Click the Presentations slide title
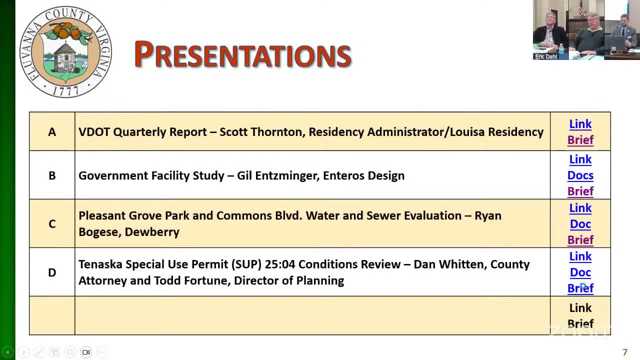pos(243,54)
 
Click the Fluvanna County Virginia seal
pos(65,51)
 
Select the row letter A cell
pos(52,132)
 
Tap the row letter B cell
pos(52,175)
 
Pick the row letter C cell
pos(52,224)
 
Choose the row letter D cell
pos(52,272)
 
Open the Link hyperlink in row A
pos(580,124)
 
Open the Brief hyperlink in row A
pos(580,140)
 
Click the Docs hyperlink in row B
pos(580,175)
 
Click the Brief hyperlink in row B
pos(580,191)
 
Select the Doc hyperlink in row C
pos(580,224)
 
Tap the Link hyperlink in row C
pos(580,208)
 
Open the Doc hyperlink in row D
pos(580,272)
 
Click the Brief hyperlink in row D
pos(580,288)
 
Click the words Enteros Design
pos(363,175)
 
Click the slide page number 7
pos(624,352)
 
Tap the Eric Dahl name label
pos(546,56)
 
